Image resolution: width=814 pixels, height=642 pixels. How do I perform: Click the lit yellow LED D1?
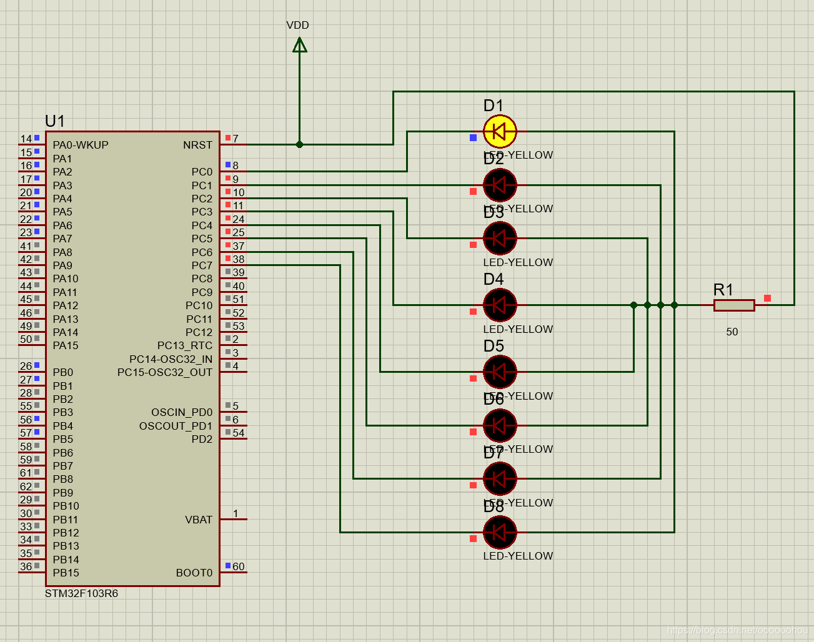(x=500, y=132)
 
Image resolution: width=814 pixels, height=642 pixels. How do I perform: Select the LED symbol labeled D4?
(x=500, y=305)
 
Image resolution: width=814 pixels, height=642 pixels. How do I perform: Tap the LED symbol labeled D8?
(x=500, y=533)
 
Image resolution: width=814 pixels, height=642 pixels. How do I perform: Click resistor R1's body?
(x=734, y=305)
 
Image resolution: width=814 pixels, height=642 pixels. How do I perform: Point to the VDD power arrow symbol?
(x=300, y=45)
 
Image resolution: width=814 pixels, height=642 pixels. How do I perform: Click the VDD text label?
(x=297, y=25)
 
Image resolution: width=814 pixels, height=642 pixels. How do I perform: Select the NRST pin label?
(x=197, y=145)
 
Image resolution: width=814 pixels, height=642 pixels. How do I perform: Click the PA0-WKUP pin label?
(x=81, y=145)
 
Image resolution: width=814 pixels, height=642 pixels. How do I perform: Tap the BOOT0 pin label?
(x=194, y=573)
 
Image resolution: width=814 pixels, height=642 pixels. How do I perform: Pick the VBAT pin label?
(x=199, y=520)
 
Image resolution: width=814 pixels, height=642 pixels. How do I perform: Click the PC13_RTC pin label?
(x=184, y=345)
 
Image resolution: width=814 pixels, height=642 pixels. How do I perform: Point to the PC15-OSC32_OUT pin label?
(x=165, y=372)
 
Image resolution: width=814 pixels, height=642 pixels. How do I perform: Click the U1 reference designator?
(x=55, y=121)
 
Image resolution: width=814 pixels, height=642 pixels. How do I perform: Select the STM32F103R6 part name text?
(x=81, y=593)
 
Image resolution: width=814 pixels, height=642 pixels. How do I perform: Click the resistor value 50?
(x=732, y=332)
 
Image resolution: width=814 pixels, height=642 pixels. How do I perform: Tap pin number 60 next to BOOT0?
(x=239, y=566)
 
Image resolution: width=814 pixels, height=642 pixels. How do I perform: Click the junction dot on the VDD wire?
(x=300, y=144)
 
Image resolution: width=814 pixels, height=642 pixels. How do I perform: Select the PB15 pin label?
(x=66, y=573)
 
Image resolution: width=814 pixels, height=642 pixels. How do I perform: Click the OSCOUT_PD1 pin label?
(x=176, y=426)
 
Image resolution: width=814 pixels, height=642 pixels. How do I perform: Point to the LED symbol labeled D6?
(x=500, y=425)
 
